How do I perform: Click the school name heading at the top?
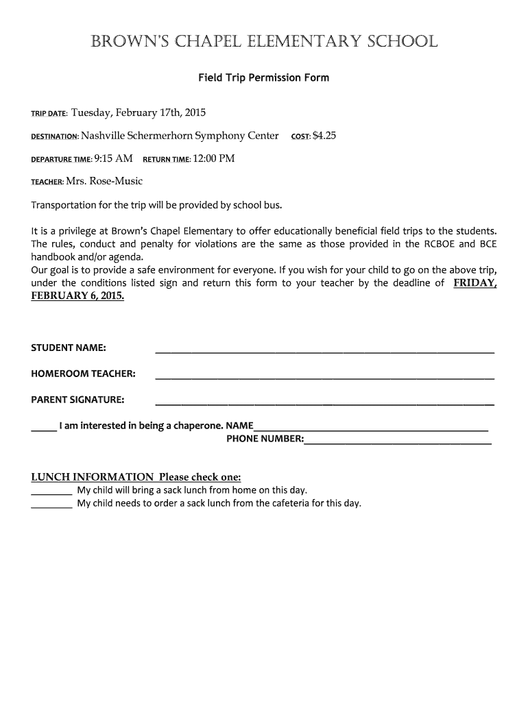[x=264, y=42]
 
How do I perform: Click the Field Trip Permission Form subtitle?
[x=264, y=78]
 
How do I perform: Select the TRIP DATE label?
[x=49, y=114]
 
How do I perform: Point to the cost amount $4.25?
[x=324, y=136]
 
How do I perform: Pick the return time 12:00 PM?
[x=214, y=159]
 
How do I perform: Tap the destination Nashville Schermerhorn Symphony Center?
[x=180, y=136]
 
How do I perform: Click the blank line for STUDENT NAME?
[x=324, y=350]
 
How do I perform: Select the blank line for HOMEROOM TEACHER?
[x=324, y=376]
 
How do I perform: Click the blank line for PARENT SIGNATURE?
[x=324, y=402]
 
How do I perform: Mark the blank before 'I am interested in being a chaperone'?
[x=44, y=428]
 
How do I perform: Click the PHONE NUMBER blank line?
[x=398, y=442]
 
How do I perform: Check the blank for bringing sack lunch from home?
[x=51, y=492]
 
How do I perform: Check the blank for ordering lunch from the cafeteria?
[x=51, y=506]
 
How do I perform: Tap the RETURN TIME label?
[x=167, y=160]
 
